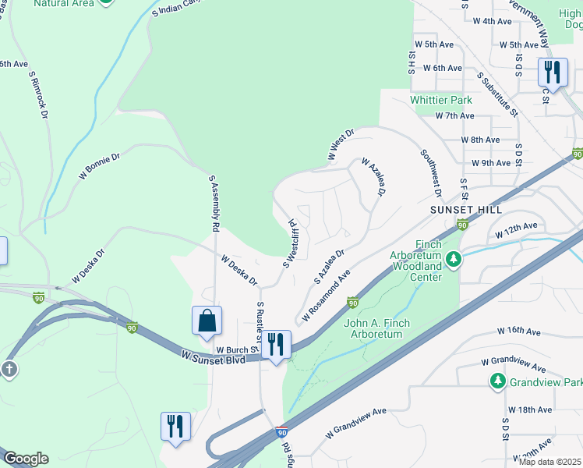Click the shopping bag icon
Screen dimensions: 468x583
tap(207, 321)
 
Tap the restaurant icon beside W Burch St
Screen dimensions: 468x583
tap(275, 344)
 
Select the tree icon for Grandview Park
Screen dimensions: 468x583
tap(498, 381)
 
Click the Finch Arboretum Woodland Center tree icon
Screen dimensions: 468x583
tap(453, 258)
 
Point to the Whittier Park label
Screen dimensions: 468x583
tap(441, 101)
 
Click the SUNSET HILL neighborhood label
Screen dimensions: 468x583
tap(465, 211)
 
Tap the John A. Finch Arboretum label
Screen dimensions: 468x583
tap(373, 328)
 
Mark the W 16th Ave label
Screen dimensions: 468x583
tap(519, 331)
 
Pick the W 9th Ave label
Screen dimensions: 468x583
tap(491, 163)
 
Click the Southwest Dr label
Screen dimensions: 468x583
tap(431, 174)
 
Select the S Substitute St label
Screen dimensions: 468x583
tap(499, 94)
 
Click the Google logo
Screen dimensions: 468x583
tap(26, 459)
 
